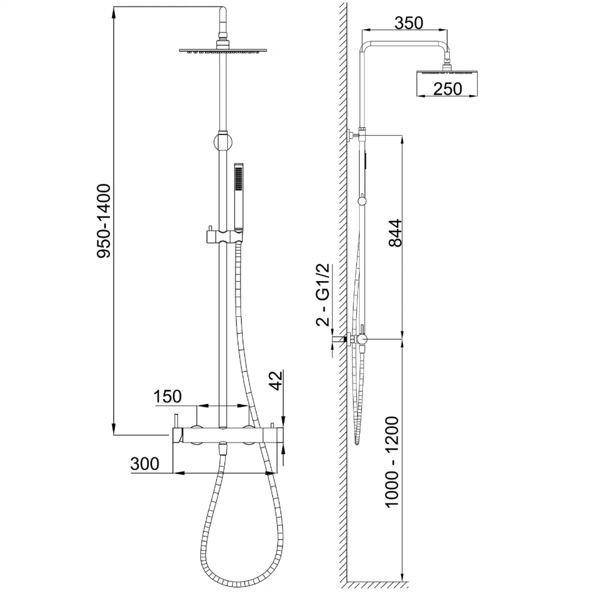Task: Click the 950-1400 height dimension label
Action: [x=104, y=220]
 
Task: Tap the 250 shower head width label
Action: [x=448, y=89]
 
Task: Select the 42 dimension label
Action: [x=276, y=382]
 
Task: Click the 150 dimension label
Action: [x=167, y=396]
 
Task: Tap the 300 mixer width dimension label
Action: [x=145, y=463]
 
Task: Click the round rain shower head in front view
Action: [x=223, y=50]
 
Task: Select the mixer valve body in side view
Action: [x=361, y=339]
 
